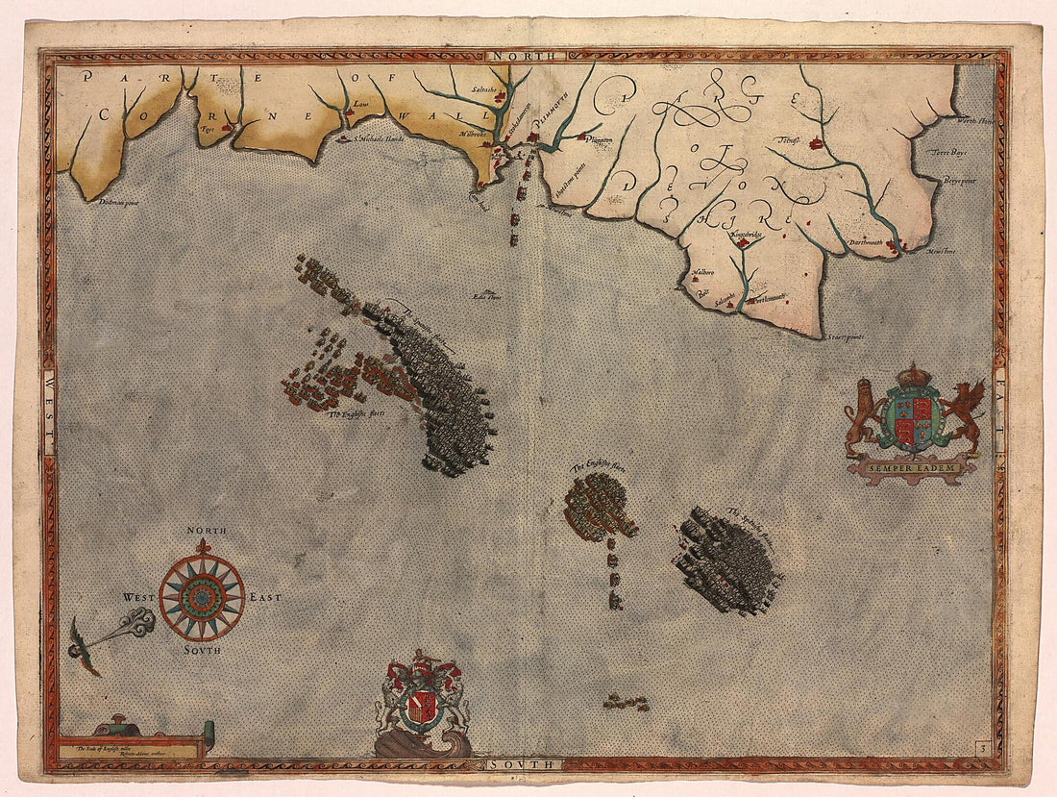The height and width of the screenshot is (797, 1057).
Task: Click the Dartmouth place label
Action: tap(869, 243)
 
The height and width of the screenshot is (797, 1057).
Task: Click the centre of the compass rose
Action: tap(202, 598)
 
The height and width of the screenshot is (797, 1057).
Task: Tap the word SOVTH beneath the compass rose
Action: tap(202, 651)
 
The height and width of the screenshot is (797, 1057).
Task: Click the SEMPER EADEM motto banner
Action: tap(913, 468)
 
